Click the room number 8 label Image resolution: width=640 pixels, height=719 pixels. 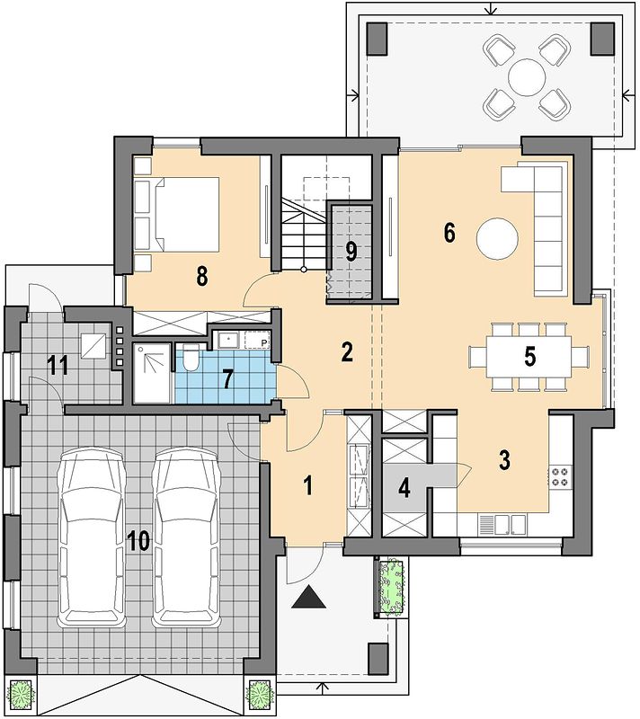tap(201, 276)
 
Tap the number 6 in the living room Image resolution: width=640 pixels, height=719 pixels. tap(449, 232)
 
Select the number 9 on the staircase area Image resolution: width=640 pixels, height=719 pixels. tap(351, 252)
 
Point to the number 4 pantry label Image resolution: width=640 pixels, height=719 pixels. tap(404, 489)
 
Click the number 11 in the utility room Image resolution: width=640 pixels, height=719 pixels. tap(58, 366)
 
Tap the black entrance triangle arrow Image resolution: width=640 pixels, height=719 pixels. tap(309, 597)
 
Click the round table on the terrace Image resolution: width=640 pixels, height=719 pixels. tap(527, 77)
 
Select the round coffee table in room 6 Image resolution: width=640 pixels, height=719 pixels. tap(497, 239)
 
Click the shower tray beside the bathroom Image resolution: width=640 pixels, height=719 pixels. tap(152, 373)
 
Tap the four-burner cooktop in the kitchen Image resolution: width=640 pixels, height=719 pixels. tap(560, 476)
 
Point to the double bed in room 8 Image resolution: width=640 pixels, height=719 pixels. tap(176, 215)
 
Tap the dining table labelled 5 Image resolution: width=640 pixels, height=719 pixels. tap(529, 356)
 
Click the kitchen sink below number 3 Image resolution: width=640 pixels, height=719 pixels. tap(502, 525)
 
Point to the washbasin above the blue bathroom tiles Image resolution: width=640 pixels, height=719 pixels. tap(227, 340)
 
